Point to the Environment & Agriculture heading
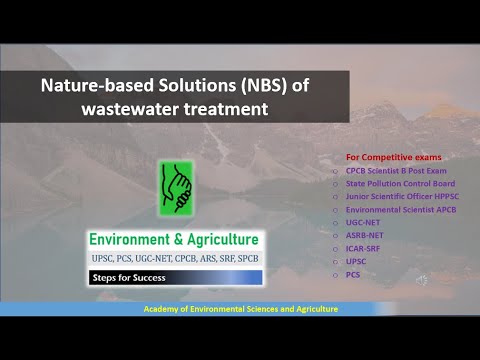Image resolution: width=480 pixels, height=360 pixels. pos(174,240)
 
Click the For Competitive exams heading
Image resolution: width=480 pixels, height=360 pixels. pos(393,157)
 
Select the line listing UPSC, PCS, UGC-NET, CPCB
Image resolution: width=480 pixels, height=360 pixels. pos(174,258)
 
